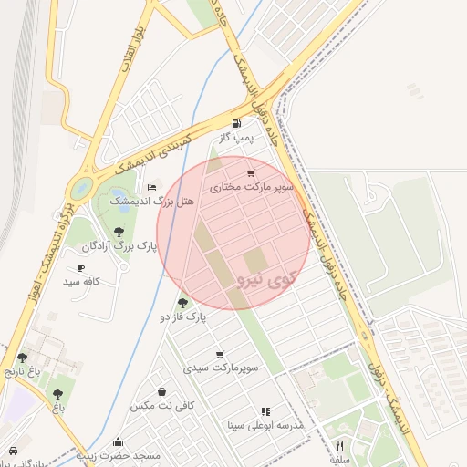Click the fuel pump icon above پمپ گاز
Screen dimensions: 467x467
point(237,123)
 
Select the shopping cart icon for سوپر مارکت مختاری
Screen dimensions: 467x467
point(251,173)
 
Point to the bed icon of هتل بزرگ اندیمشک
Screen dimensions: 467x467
point(151,187)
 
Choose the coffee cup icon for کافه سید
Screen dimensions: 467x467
point(81,268)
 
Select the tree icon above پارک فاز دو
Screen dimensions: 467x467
point(183,303)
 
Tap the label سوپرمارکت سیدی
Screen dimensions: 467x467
point(222,368)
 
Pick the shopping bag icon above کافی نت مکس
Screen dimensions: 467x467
point(161,391)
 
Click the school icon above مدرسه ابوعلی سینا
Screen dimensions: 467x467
point(265,412)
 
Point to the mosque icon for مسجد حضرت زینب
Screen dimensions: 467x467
point(119,441)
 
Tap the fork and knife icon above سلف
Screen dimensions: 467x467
point(340,446)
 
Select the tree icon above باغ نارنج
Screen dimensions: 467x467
point(22,358)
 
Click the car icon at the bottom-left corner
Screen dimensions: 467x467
point(13,451)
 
